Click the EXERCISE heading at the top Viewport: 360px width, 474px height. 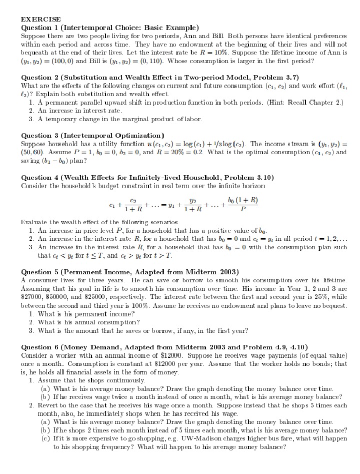(41, 19)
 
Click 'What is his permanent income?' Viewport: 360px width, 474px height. (86, 313)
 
